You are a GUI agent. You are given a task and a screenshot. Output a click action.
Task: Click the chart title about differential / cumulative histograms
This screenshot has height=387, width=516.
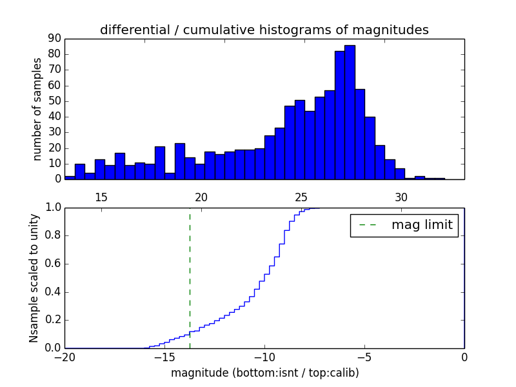point(264,30)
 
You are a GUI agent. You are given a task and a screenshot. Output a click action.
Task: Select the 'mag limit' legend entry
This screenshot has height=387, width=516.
point(404,225)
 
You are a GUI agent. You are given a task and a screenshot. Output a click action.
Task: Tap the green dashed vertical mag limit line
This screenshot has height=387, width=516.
point(190,277)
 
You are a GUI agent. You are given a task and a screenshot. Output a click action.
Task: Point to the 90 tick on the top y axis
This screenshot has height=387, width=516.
point(53,39)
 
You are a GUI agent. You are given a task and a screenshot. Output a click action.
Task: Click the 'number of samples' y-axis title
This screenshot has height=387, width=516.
point(37,109)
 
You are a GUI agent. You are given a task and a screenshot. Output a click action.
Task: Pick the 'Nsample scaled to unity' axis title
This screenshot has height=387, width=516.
point(34,278)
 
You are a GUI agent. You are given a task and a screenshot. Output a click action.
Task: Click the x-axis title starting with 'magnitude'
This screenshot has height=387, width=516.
point(264,373)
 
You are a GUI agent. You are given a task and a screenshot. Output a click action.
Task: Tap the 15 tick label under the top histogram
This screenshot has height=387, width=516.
point(101,197)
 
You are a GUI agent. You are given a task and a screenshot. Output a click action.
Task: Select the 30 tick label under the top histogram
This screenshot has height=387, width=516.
point(401,197)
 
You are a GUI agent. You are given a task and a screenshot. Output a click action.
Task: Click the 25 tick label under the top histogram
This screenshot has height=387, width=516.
point(301,197)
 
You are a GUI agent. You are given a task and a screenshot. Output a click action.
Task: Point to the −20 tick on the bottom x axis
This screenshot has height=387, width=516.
point(64,357)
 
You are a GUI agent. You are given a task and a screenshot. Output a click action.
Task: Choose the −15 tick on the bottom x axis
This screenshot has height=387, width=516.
point(164,357)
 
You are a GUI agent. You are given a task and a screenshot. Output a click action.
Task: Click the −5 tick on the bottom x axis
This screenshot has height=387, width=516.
point(364,357)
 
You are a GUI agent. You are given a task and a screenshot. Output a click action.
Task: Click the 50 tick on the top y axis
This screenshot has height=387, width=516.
point(53,101)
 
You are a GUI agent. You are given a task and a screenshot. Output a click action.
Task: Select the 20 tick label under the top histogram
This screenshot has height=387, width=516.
point(201,197)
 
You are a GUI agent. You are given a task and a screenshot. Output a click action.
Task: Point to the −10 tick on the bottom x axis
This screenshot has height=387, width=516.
point(264,357)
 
